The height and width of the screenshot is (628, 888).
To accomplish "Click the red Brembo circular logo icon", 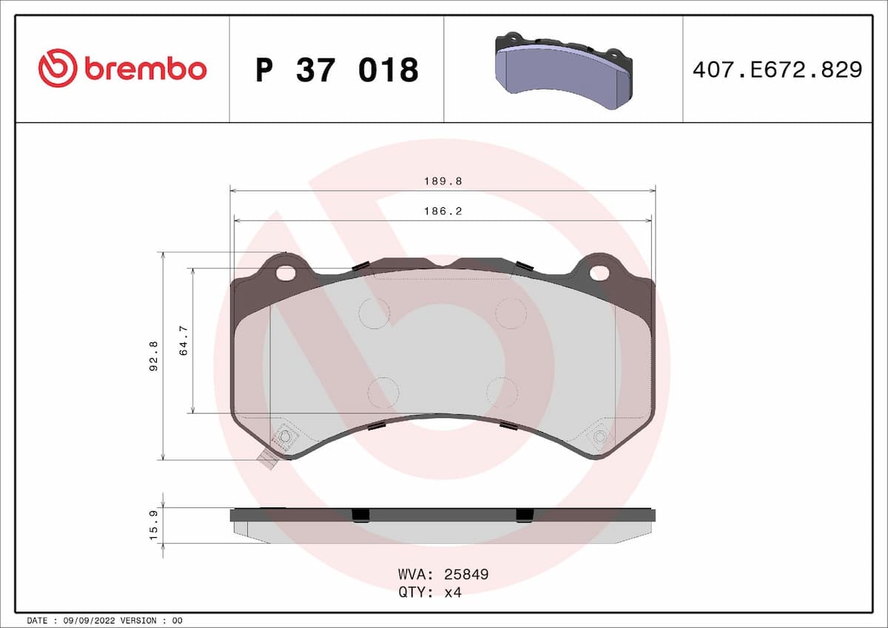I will (x=57, y=69).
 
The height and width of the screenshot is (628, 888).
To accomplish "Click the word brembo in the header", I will (x=145, y=70).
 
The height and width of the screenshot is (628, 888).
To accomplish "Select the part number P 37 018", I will (x=337, y=70).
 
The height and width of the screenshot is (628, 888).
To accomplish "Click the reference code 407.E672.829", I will (x=777, y=70).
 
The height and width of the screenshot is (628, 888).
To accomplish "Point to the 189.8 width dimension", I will (x=443, y=181).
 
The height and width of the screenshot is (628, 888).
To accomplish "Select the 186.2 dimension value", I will (x=443, y=211).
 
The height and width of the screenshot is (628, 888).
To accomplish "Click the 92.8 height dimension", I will (x=153, y=355).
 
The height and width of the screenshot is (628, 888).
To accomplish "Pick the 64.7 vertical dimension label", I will (x=184, y=341).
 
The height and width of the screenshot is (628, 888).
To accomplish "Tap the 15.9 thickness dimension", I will (x=154, y=526).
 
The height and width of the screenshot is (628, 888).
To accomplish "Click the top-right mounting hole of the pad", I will (x=599, y=273).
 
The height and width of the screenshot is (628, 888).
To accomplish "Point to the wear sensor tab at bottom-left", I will (x=266, y=460).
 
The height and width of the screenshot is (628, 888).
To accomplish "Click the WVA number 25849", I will (x=465, y=575).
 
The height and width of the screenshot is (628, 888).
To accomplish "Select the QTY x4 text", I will (x=430, y=592).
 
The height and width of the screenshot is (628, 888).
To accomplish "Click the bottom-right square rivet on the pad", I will (x=599, y=437).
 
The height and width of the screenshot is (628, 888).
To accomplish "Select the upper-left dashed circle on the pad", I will (x=374, y=313).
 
